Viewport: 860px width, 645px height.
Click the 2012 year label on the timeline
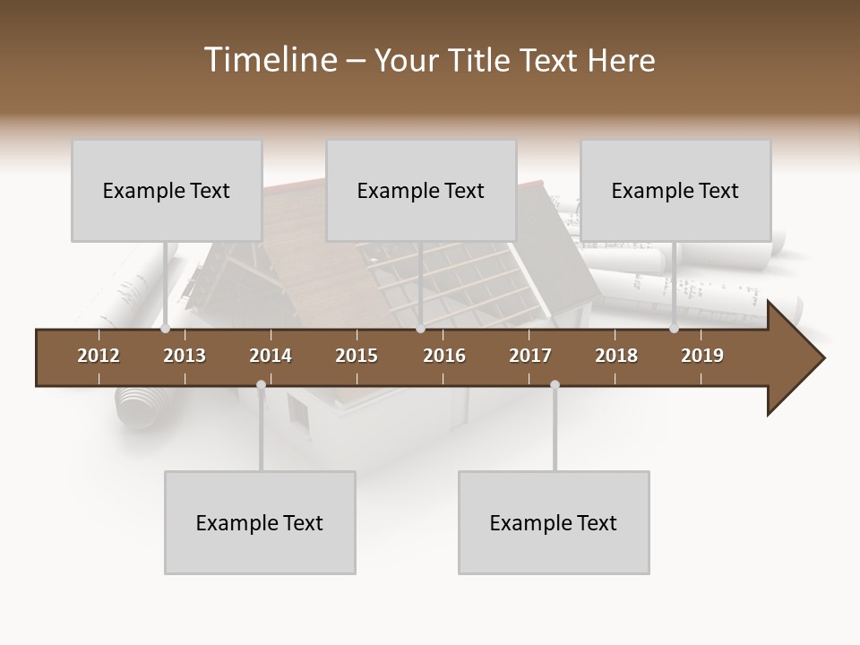pos(99,356)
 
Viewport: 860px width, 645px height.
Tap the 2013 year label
pos(185,356)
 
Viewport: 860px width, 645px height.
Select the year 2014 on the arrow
pos(271,356)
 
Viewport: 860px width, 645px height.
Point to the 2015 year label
pos(357,356)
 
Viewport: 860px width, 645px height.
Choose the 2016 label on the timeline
pos(444,356)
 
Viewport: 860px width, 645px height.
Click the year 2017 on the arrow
pos(530,356)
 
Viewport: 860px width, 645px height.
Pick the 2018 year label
pos(616,356)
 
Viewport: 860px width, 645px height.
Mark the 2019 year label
pos(702,356)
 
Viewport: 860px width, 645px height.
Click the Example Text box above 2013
pos(167,191)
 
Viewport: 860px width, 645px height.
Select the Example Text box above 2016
pos(421,191)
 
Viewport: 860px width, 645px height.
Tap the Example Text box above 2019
pos(675,191)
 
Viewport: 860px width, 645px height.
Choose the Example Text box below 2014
pos(260,523)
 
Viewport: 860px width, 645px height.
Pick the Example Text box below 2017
pos(554,523)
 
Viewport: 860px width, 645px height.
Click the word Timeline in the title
pos(270,60)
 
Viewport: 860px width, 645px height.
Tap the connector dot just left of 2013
pos(166,329)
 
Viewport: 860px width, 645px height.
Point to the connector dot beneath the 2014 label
pos(261,385)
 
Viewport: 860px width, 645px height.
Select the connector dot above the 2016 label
pos(420,329)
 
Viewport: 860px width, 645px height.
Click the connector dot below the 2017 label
pos(555,385)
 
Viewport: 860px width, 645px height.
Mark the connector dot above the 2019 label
pos(674,329)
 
